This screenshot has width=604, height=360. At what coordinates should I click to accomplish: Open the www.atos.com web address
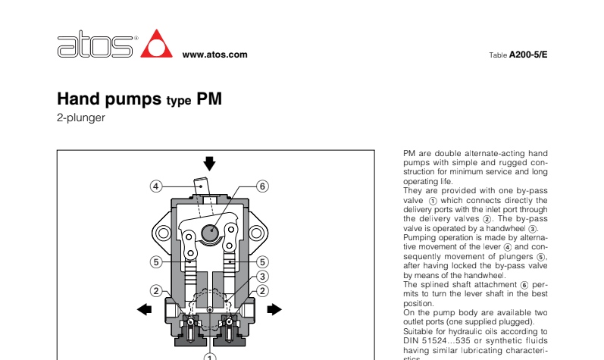pos(215,55)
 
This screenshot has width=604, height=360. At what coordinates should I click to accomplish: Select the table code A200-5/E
pos(527,55)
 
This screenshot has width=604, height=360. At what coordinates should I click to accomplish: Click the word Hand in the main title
pos(82,99)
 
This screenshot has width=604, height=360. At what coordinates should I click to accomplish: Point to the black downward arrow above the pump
pos(210,163)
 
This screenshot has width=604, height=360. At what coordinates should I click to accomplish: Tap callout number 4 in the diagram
pos(155,186)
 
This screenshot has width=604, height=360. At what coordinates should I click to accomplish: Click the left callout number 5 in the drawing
pos(155,262)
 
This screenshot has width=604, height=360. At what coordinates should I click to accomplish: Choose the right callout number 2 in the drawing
pos(263,290)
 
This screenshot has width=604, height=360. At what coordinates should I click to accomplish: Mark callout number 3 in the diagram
pos(263,276)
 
